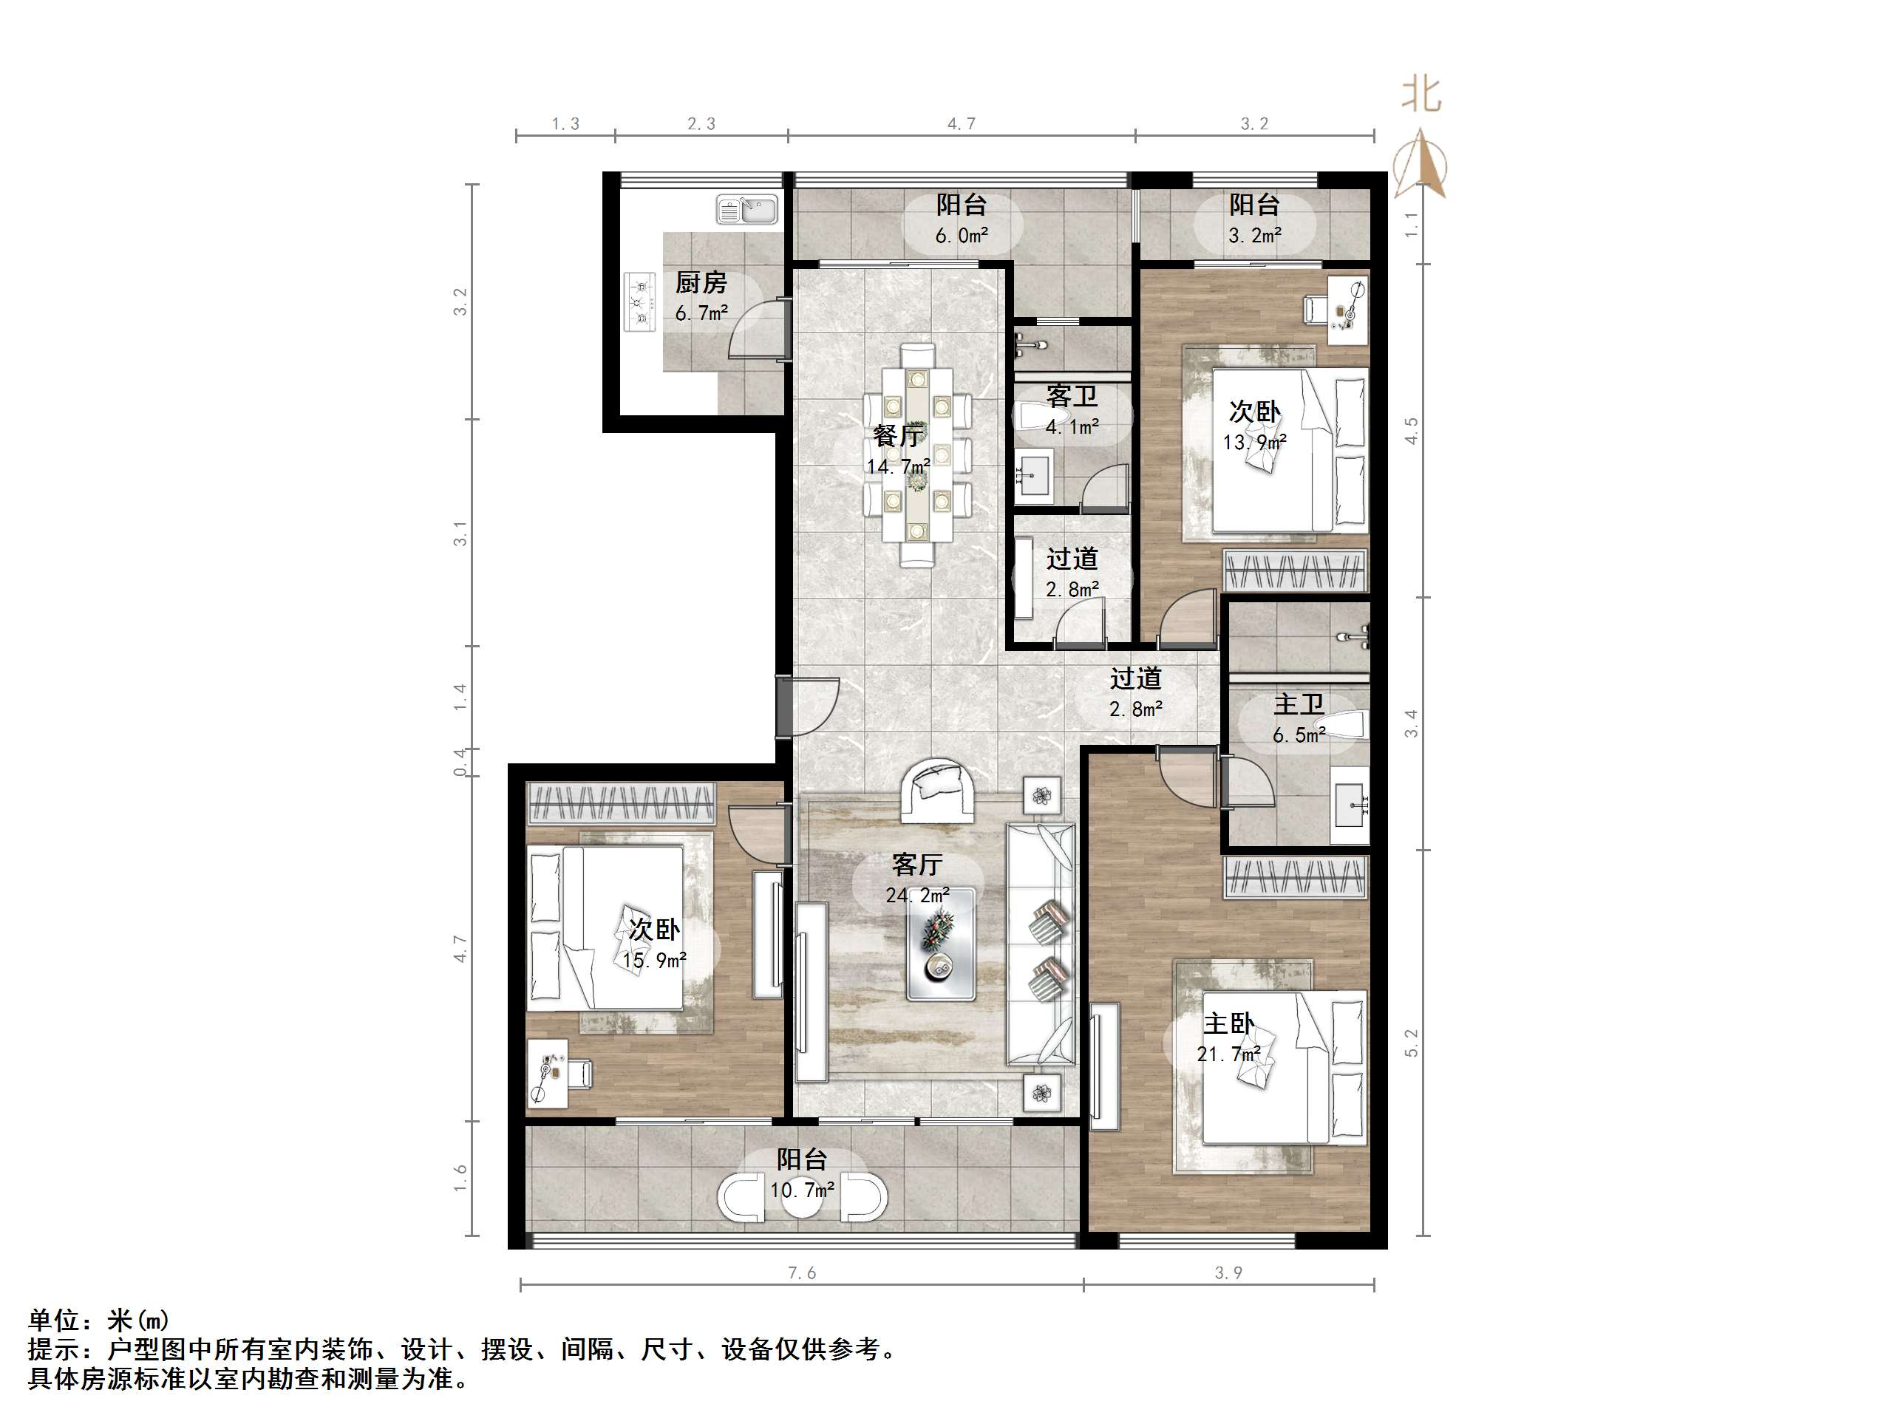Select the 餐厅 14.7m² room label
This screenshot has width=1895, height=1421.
pos(898,450)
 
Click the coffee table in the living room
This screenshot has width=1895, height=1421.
pos(940,944)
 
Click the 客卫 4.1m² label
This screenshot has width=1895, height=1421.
pos(1072,410)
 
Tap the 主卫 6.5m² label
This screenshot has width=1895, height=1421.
pos(1299,718)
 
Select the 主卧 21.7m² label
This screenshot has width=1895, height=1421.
pos(1228,1037)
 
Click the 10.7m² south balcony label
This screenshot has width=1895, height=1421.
pos(802,1174)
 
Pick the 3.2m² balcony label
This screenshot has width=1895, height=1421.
pos(1254,219)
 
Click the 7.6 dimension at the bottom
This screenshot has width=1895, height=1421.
pos(802,1272)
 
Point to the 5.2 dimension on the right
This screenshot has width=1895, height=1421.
pos(1411,1043)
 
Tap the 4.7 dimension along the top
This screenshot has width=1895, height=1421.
pos(962,124)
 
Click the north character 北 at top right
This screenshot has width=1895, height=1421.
pos(1421,95)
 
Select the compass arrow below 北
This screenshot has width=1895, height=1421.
pos(1421,165)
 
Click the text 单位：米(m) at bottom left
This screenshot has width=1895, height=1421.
pos(98,1320)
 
